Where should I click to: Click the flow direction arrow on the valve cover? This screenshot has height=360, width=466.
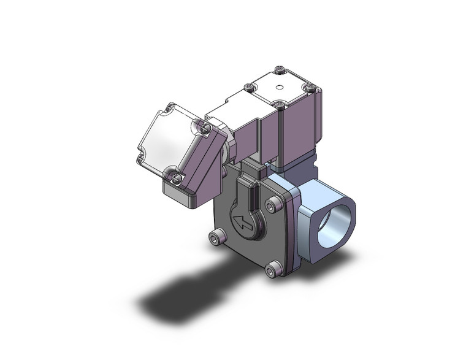[x=245, y=223]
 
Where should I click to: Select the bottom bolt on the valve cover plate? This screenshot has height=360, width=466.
[x=275, y=267]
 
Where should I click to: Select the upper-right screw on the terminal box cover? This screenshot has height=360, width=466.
[x=207, y=128]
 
